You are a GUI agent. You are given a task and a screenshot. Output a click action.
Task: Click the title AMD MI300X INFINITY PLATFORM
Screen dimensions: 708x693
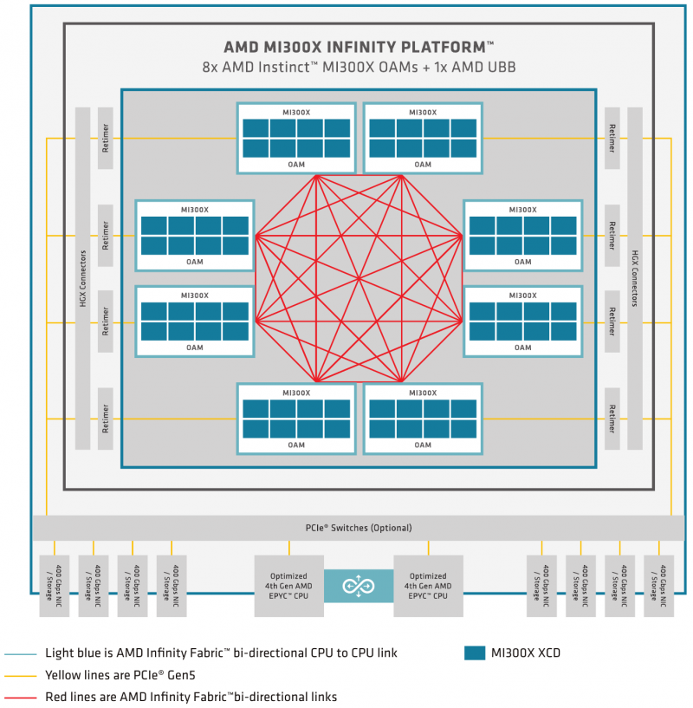358,47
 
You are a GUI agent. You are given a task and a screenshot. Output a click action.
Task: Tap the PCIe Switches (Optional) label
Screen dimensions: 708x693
359,528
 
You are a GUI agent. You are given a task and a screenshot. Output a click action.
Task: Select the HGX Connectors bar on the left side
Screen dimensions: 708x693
83,278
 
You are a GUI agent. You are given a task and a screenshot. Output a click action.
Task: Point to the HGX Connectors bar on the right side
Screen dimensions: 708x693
635,278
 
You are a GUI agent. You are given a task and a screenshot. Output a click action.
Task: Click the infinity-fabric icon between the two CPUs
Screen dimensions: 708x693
359,586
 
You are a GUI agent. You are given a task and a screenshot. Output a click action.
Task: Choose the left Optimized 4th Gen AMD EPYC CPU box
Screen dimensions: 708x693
288,586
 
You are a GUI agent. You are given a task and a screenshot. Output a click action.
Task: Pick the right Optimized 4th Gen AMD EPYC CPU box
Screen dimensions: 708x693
428,586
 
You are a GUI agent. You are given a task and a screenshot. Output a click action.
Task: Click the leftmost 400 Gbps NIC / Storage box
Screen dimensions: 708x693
54,586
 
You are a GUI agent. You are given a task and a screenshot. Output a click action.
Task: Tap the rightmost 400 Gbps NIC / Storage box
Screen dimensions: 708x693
659,586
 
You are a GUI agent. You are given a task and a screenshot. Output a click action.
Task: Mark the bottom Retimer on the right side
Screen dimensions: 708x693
612,419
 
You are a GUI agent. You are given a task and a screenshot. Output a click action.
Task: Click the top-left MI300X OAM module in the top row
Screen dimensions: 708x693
296,138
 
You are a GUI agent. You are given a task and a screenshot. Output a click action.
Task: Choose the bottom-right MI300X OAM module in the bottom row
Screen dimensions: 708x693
423,419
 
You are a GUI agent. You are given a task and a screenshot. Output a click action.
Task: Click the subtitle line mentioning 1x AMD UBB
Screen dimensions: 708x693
358,67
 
